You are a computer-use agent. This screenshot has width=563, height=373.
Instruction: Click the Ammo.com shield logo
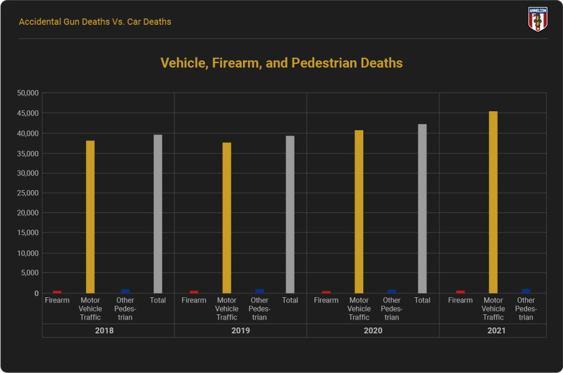coord(538,19)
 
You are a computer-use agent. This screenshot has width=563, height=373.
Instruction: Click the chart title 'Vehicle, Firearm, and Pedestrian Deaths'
coord(281,63)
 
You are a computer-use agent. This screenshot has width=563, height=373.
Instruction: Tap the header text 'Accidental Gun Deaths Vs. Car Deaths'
coord(95,22)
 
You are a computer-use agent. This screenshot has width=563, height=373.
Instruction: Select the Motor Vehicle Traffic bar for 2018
coord(90,217)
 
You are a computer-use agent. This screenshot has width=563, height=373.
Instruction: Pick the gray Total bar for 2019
coord(290,214)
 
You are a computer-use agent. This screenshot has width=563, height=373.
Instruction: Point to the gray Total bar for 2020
coord(422,208)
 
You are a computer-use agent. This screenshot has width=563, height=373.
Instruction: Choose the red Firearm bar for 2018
coord(57,292)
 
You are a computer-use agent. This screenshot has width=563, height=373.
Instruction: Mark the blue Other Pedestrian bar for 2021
coord(526,291)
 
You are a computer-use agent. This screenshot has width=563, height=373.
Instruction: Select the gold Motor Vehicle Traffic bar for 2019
coord(227,218)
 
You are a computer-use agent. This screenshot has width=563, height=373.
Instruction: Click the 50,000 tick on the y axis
coord(28,93)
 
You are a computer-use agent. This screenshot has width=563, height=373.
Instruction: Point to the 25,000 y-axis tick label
coord(28,193)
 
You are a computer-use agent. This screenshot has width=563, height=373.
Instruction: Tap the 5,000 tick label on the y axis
coord(30,273)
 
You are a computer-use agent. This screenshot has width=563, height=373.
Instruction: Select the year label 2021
coord(497,330)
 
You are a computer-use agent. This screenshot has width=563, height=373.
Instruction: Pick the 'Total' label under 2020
coord(422,300)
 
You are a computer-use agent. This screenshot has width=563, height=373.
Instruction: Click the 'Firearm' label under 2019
coord(194,300)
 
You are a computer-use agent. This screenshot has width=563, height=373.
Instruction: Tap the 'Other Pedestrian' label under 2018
coord(125,308)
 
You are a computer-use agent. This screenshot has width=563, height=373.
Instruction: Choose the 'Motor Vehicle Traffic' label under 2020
coord(359,308)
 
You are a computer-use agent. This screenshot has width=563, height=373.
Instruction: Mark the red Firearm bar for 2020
coord(326,292)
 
